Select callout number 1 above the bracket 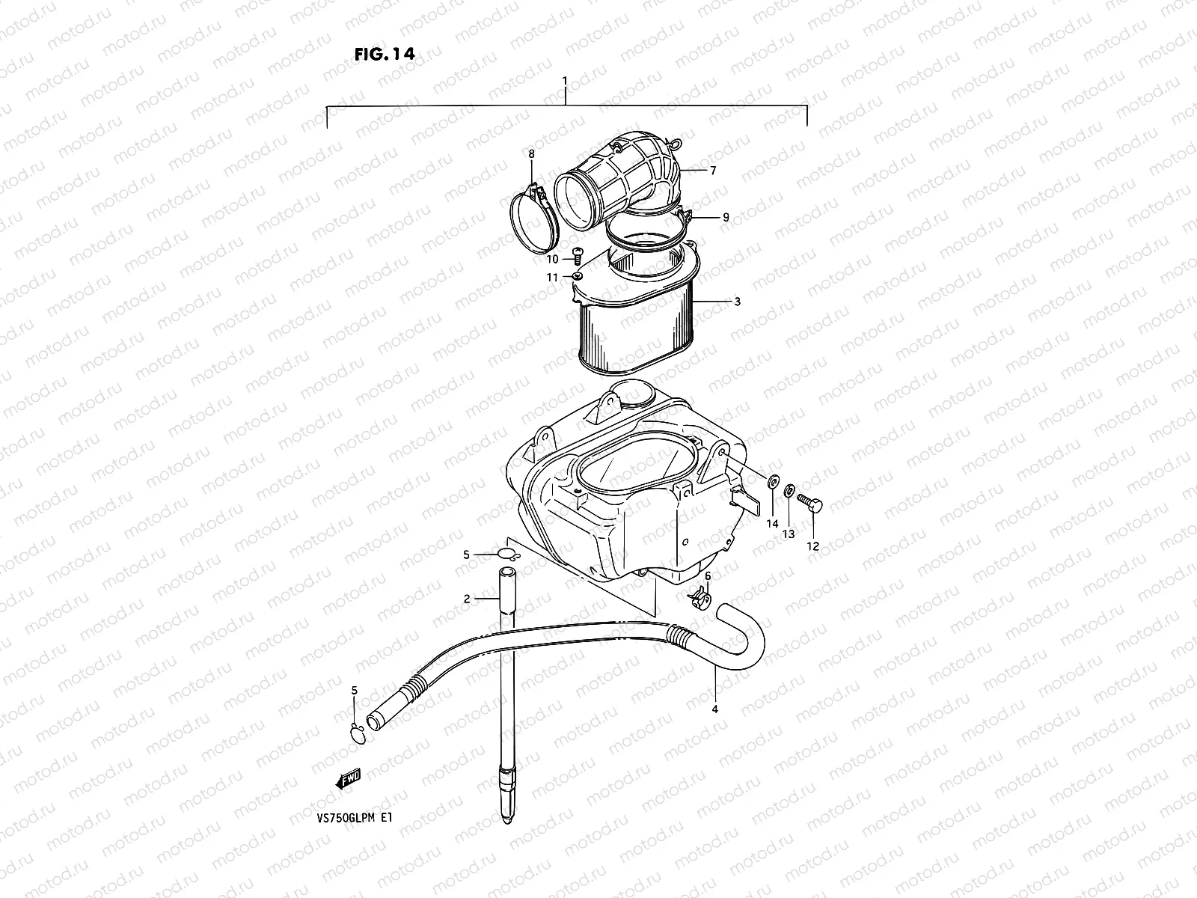[x=566, y=80]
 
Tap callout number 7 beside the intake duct [x=713, y=171]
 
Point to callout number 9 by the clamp [x=725, y=217]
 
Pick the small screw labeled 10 [x=577, y=256]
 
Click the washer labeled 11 [x=578, y=277]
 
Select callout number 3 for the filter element [x=737, y=302]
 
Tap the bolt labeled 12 [x=809, y=506]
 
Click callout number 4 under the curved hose [x=715, y=709]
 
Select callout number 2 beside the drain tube [x=466, y=599]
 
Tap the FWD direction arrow [x=349, y=781]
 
